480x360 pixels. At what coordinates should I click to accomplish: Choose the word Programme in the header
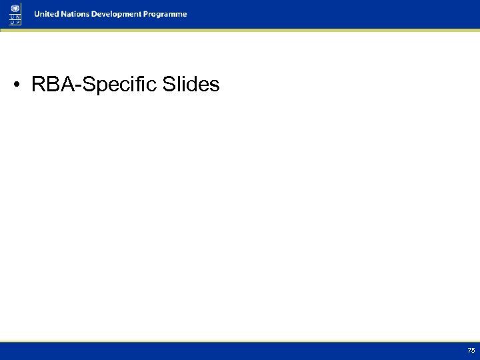point(166,14)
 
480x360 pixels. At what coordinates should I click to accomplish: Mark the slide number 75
point(471,351)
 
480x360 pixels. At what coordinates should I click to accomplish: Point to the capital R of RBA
point(38,85)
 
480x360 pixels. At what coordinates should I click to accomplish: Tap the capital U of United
point(37,14)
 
